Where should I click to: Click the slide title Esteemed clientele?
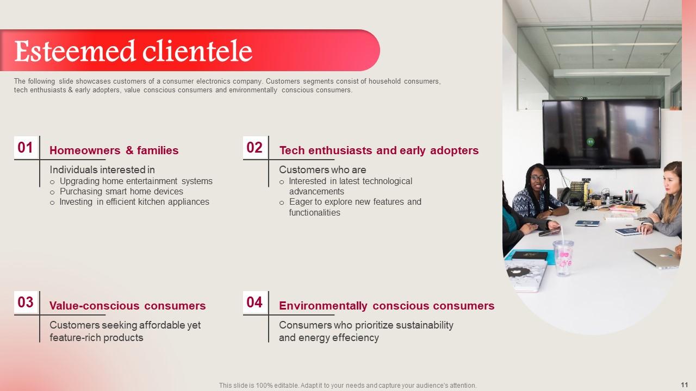coord(133,51)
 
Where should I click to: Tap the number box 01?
coord(26,147)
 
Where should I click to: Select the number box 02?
coord(255,147)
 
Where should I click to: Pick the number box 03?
coord(26,302)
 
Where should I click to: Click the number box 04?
coord(255,302)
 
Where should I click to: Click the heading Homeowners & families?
coord(114,150)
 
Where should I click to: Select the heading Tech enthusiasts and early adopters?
coord(379,150)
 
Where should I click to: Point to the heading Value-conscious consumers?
coord(127,306)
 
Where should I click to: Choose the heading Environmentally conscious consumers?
coord(387,306)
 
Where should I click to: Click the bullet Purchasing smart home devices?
coord(121,192)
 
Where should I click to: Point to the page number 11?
coord(685,385)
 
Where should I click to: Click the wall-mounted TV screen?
coord(601,134)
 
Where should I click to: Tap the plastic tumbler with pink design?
coord(563,257)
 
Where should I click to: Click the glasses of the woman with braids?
coord(538,179)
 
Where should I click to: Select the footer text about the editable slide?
coord(347,386)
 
